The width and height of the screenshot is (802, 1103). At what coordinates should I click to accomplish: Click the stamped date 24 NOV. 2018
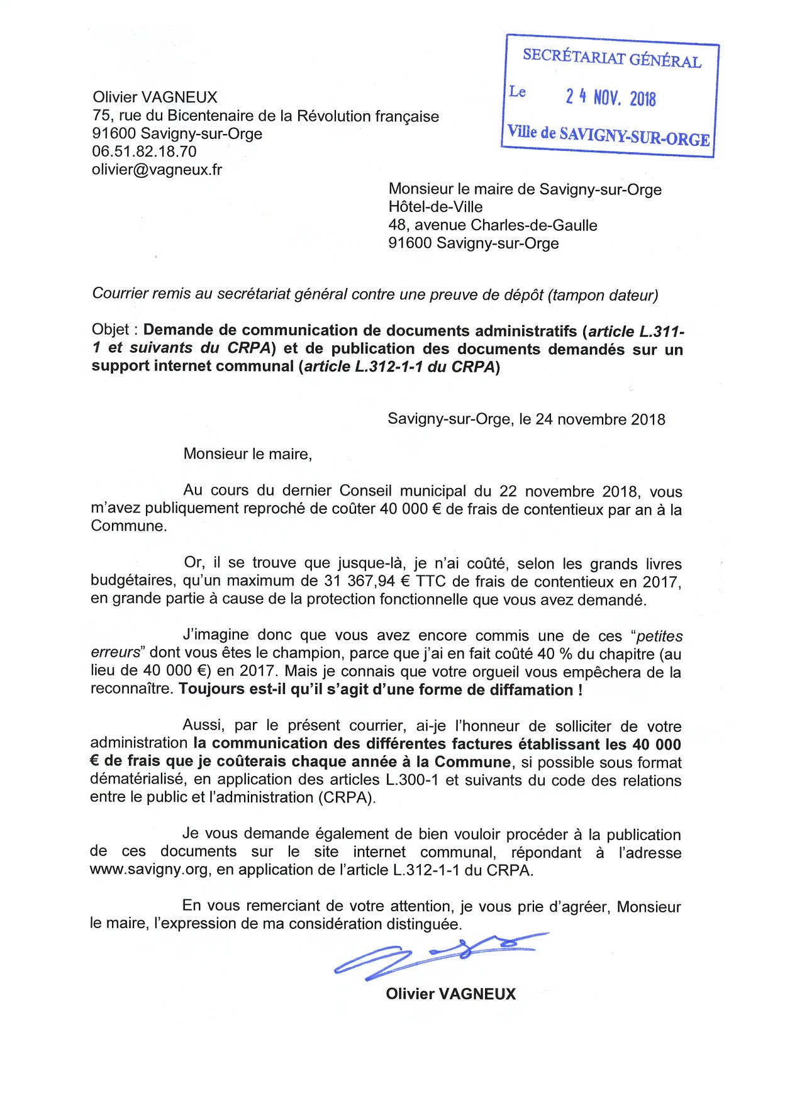coord(610,97)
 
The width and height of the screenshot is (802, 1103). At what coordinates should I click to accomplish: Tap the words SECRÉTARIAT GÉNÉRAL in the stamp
coord(611,58)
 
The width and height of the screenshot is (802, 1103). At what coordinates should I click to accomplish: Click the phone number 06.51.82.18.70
coord(144,152)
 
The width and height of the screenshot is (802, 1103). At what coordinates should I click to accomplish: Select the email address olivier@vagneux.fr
coord(157,169)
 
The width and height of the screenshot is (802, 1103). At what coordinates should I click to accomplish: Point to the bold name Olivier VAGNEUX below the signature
coord(450,994)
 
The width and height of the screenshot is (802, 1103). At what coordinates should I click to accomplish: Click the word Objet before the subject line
coord(110,330)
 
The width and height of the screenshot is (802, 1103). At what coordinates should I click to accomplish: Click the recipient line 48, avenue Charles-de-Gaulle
coord(493,225)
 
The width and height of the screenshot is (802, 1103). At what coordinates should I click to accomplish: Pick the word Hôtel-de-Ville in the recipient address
coord(435,207)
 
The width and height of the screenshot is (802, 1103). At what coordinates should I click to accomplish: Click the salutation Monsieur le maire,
coord(247,454)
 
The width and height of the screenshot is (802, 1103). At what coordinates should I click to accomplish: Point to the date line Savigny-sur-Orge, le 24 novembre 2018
coord(526,419)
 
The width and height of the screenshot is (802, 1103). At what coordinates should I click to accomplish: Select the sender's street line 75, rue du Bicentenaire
coord(265,116)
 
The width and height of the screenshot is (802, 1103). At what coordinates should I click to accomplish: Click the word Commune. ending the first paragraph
coord(129,526)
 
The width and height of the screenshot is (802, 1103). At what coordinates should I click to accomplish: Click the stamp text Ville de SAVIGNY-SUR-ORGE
coord(608,135)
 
